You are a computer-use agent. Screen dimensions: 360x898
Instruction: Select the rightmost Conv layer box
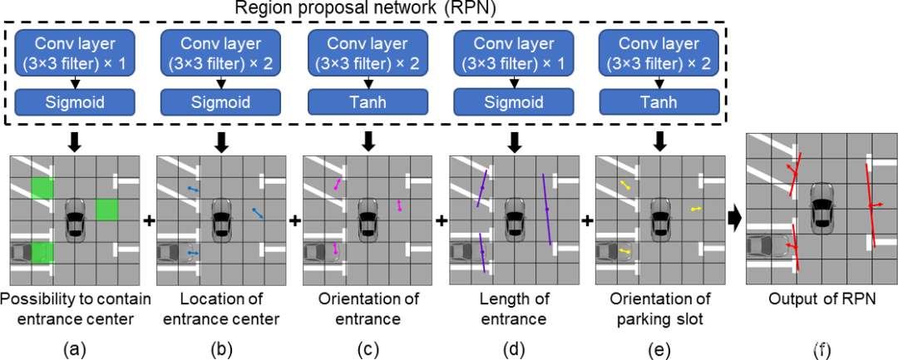[658, 54]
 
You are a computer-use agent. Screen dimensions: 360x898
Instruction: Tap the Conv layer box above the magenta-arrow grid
[368, 54]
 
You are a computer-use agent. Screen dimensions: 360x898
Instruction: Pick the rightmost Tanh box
[658, 102]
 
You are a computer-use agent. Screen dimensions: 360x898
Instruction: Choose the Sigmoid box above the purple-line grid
[513, 102]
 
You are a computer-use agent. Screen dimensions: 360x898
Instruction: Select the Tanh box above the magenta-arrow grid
[368, 102]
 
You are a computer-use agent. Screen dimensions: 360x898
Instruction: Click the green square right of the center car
[106, 210]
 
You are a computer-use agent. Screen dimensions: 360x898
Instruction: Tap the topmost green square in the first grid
[42, 189]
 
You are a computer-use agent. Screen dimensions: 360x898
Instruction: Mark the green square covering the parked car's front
[42, 252]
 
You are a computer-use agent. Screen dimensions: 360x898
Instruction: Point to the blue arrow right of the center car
[259, 213]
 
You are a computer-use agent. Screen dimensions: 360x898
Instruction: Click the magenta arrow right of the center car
[399, 205]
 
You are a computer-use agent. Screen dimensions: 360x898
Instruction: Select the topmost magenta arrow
[337, 184]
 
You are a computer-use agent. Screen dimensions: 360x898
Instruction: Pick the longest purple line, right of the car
[546, 209]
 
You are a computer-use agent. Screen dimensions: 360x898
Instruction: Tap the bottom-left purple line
[482, 253]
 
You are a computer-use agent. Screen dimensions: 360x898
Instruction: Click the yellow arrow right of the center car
[696, 209]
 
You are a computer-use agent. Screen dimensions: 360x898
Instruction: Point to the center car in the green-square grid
[75, 219]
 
